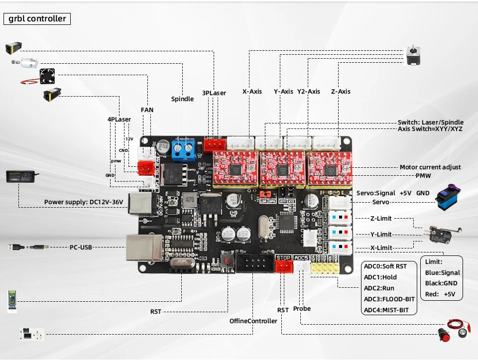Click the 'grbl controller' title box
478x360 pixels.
coord(37,19)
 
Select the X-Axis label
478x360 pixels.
coord(252,92)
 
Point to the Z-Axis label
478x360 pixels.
coord(341,92)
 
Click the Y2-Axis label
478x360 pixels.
coord(309,92)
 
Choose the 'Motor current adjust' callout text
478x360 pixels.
coord(430,167)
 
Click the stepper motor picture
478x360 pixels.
coord(413,55)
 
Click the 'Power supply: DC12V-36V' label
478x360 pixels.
coord(83,202)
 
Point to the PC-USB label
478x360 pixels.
coord(81,247)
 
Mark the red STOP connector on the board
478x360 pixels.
coord(283,267)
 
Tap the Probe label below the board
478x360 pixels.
coord(302,309)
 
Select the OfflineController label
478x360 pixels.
coord(253,321)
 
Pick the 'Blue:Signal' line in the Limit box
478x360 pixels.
coord(443,273)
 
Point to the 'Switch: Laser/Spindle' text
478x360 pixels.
coord(430,122)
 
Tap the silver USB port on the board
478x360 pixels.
coord(144,247)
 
